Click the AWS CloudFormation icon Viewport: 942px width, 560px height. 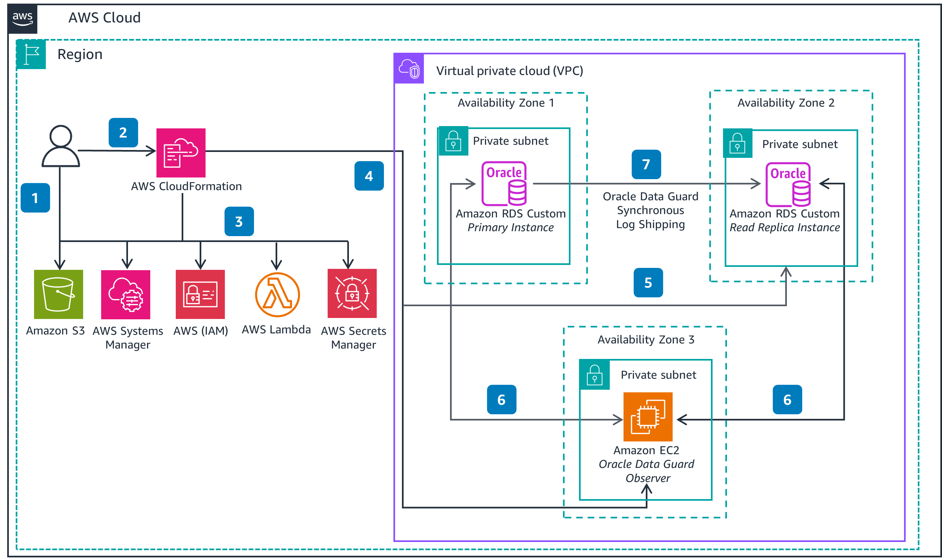[181, 153]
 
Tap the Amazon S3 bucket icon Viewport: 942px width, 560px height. [59, 294]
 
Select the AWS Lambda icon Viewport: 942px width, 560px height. [277, 294]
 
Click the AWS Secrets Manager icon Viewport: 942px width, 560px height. [352, 293]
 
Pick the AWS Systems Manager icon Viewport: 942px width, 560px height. [126, 294]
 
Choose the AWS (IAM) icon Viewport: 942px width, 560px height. [200, 294]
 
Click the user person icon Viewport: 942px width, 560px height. [60, 146]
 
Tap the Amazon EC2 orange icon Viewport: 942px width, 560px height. [647, 417]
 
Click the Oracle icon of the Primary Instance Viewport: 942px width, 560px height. [504, 184]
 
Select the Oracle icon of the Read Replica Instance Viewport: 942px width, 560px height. [788, 184]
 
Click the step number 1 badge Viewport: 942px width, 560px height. [35, 198]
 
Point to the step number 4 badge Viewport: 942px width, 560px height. [369, 176]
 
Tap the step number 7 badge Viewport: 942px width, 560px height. [646, 164]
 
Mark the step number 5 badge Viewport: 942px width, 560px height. [648, 283]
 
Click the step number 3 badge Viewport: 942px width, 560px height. [239, 221]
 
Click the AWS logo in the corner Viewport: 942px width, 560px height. [23, 19]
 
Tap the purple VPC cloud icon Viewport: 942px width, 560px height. [409, 69]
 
